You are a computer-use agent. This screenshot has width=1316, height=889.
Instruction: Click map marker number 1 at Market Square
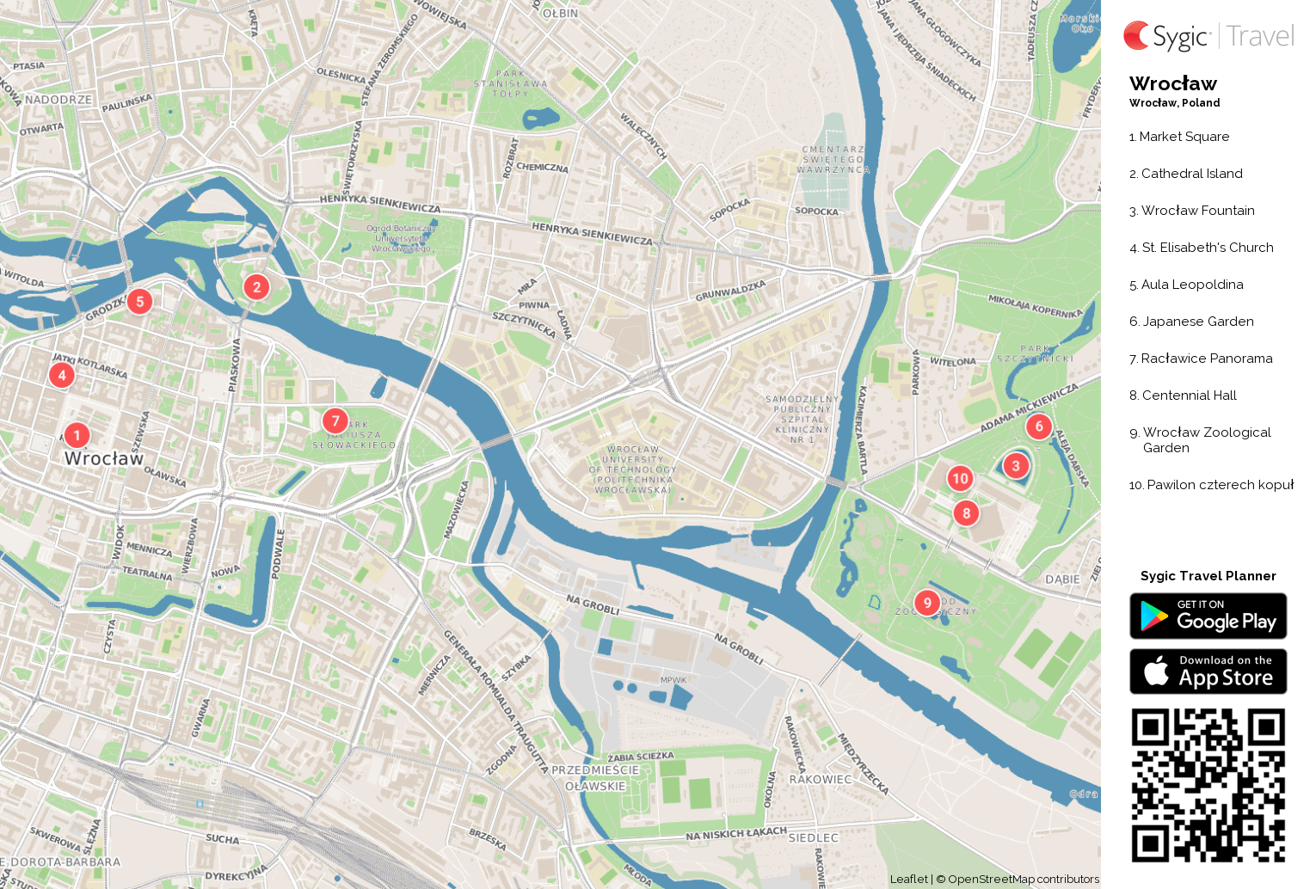click(x=77, y=435)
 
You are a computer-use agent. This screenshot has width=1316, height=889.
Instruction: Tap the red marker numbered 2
click(x=256, y=287)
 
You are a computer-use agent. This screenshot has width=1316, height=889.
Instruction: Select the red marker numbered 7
click(x=335, y=420)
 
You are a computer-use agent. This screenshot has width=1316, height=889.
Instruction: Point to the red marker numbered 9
click(x=926, y=603)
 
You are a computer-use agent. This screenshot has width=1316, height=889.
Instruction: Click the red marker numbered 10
click(x=960, y=479)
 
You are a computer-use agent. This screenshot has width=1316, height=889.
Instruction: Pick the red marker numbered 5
click(x=139, y=302)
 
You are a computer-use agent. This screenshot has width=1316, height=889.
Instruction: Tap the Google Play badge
click(x=1208, y=616)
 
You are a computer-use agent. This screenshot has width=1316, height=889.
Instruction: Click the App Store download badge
click(x=1208, y=671)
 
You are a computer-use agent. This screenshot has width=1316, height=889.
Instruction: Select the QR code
click(x=1208, y=785)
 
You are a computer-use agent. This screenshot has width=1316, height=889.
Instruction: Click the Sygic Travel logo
click(x=1208, y=36)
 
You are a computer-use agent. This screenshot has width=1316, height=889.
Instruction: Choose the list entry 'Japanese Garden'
click(x=1197, y=322)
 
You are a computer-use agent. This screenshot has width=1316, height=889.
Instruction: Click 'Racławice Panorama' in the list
click(x=1206, y=359)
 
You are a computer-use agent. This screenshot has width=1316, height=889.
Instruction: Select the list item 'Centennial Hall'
click(x=1189, y=395)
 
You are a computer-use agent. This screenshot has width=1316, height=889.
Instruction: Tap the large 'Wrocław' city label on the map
click(x=104, y=458)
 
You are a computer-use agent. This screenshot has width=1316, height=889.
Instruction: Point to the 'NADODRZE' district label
click(x=58, y=100)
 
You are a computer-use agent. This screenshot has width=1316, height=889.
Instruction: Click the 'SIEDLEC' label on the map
click(x=813, y=837)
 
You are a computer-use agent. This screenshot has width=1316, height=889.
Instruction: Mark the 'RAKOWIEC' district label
click(x=821, y=779)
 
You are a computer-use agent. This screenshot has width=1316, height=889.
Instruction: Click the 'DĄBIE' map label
click(x=1062, y=579)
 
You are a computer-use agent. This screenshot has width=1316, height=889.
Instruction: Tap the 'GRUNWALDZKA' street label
click(x=730, y=291)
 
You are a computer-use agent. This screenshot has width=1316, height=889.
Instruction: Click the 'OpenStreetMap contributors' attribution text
click(x=1023, y=879)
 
